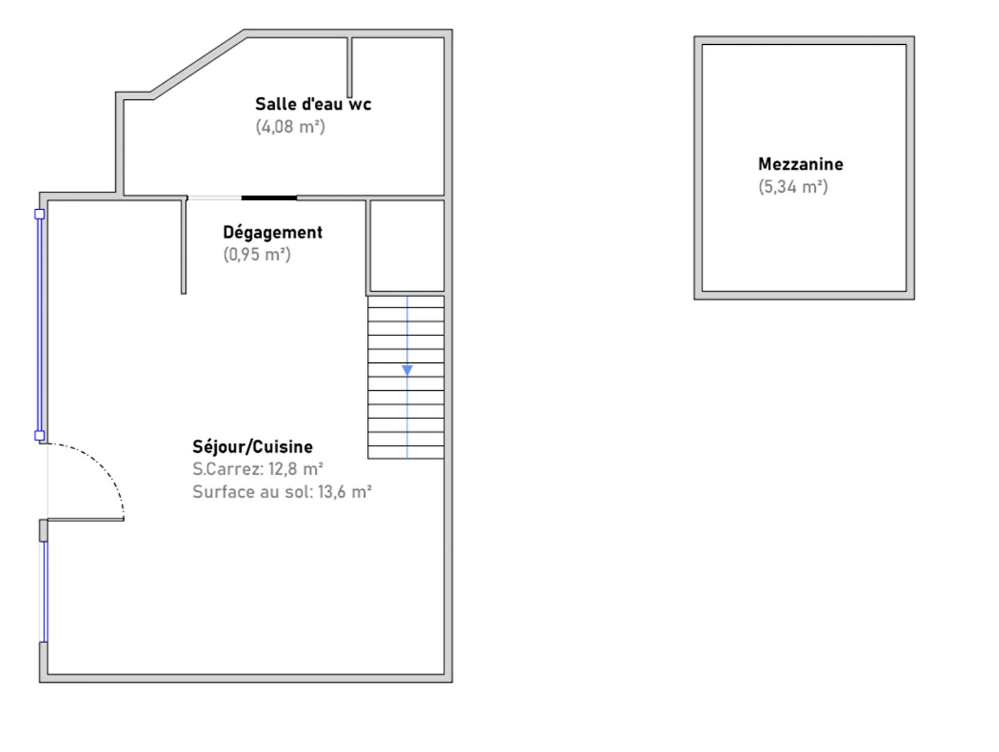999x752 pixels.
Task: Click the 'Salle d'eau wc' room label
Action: (313, 104)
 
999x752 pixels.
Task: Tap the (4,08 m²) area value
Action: (290, 126)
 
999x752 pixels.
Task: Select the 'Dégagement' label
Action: (273, 232)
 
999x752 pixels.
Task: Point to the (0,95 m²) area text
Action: (257, 254)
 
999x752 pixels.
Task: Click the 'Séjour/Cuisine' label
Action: (253, 447)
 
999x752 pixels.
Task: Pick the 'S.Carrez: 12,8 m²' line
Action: (258, 469)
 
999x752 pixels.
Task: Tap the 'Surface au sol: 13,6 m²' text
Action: (282, 492)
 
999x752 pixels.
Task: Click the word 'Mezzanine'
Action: (801, 164)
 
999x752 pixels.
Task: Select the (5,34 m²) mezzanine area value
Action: (793, 187)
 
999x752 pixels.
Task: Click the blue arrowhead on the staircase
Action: (407, 370)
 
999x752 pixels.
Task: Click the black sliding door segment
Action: (269, 198)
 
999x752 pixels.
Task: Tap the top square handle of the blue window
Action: (40, 214)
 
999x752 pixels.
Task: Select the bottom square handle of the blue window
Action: (40, 436)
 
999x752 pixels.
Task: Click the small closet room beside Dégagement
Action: (407, 246)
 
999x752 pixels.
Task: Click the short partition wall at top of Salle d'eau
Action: (350, 67)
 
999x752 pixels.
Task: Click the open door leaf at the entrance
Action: (86, 519)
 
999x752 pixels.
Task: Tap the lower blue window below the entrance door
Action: (45, 592)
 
